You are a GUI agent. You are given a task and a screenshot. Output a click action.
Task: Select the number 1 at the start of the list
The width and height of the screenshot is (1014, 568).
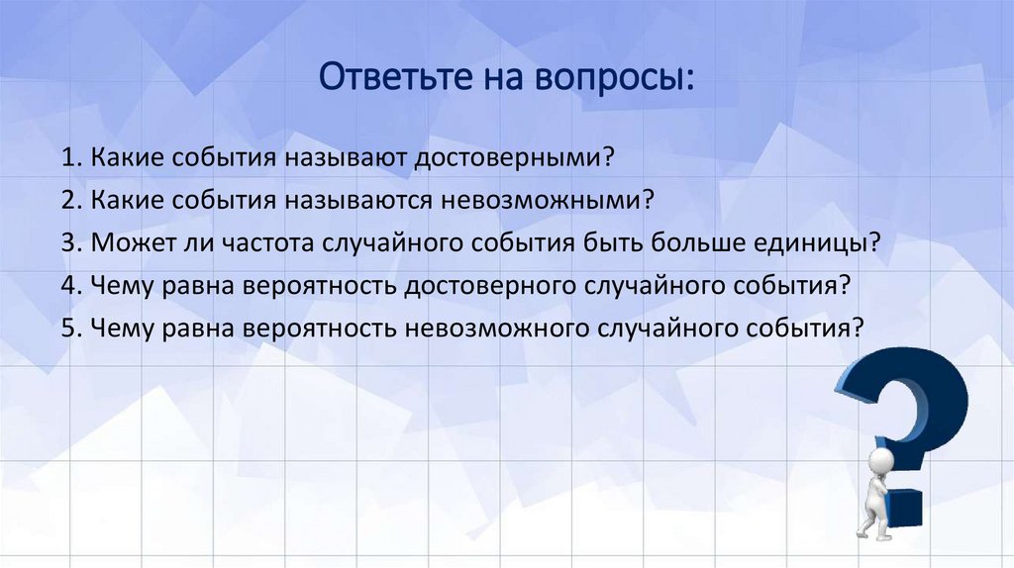[x=66, y=158]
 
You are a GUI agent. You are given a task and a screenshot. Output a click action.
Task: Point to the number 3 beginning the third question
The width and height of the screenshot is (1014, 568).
[x=66, y=243]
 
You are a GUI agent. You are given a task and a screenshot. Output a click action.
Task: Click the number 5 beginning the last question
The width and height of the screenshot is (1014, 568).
[x=66, y=329]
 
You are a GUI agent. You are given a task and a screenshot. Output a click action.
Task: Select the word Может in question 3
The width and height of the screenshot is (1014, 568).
[x=121, y=243]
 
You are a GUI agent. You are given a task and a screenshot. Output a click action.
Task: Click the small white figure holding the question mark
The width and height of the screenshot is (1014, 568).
[x=875, y=489]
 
